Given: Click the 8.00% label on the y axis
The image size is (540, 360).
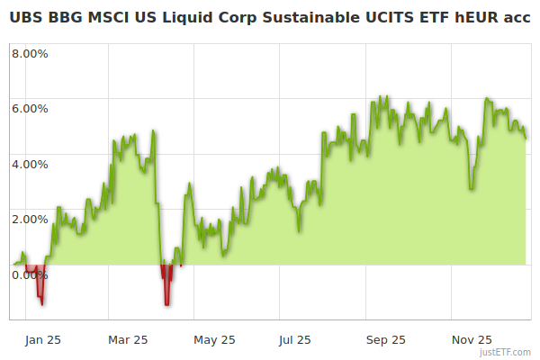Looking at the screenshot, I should click(x=30, y=53).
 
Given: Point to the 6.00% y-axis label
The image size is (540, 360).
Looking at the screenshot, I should click(x=30, y=108).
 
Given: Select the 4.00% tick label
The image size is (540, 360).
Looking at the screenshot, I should click(x=30, y=164).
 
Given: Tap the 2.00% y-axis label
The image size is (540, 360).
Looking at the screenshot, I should click(x=30, y=219).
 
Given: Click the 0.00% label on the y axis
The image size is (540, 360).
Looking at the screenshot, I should click(x=30, y=274).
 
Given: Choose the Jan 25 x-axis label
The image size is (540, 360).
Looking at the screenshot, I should click(x=43, y=339).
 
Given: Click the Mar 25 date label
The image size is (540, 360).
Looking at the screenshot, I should click(x=128, y=339).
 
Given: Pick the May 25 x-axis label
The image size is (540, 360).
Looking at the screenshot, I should click(x=214, y=339).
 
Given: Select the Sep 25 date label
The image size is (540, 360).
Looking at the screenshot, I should click(x=386, y=339).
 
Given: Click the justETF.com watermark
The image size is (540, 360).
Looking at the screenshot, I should click(x=505, y=352).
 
